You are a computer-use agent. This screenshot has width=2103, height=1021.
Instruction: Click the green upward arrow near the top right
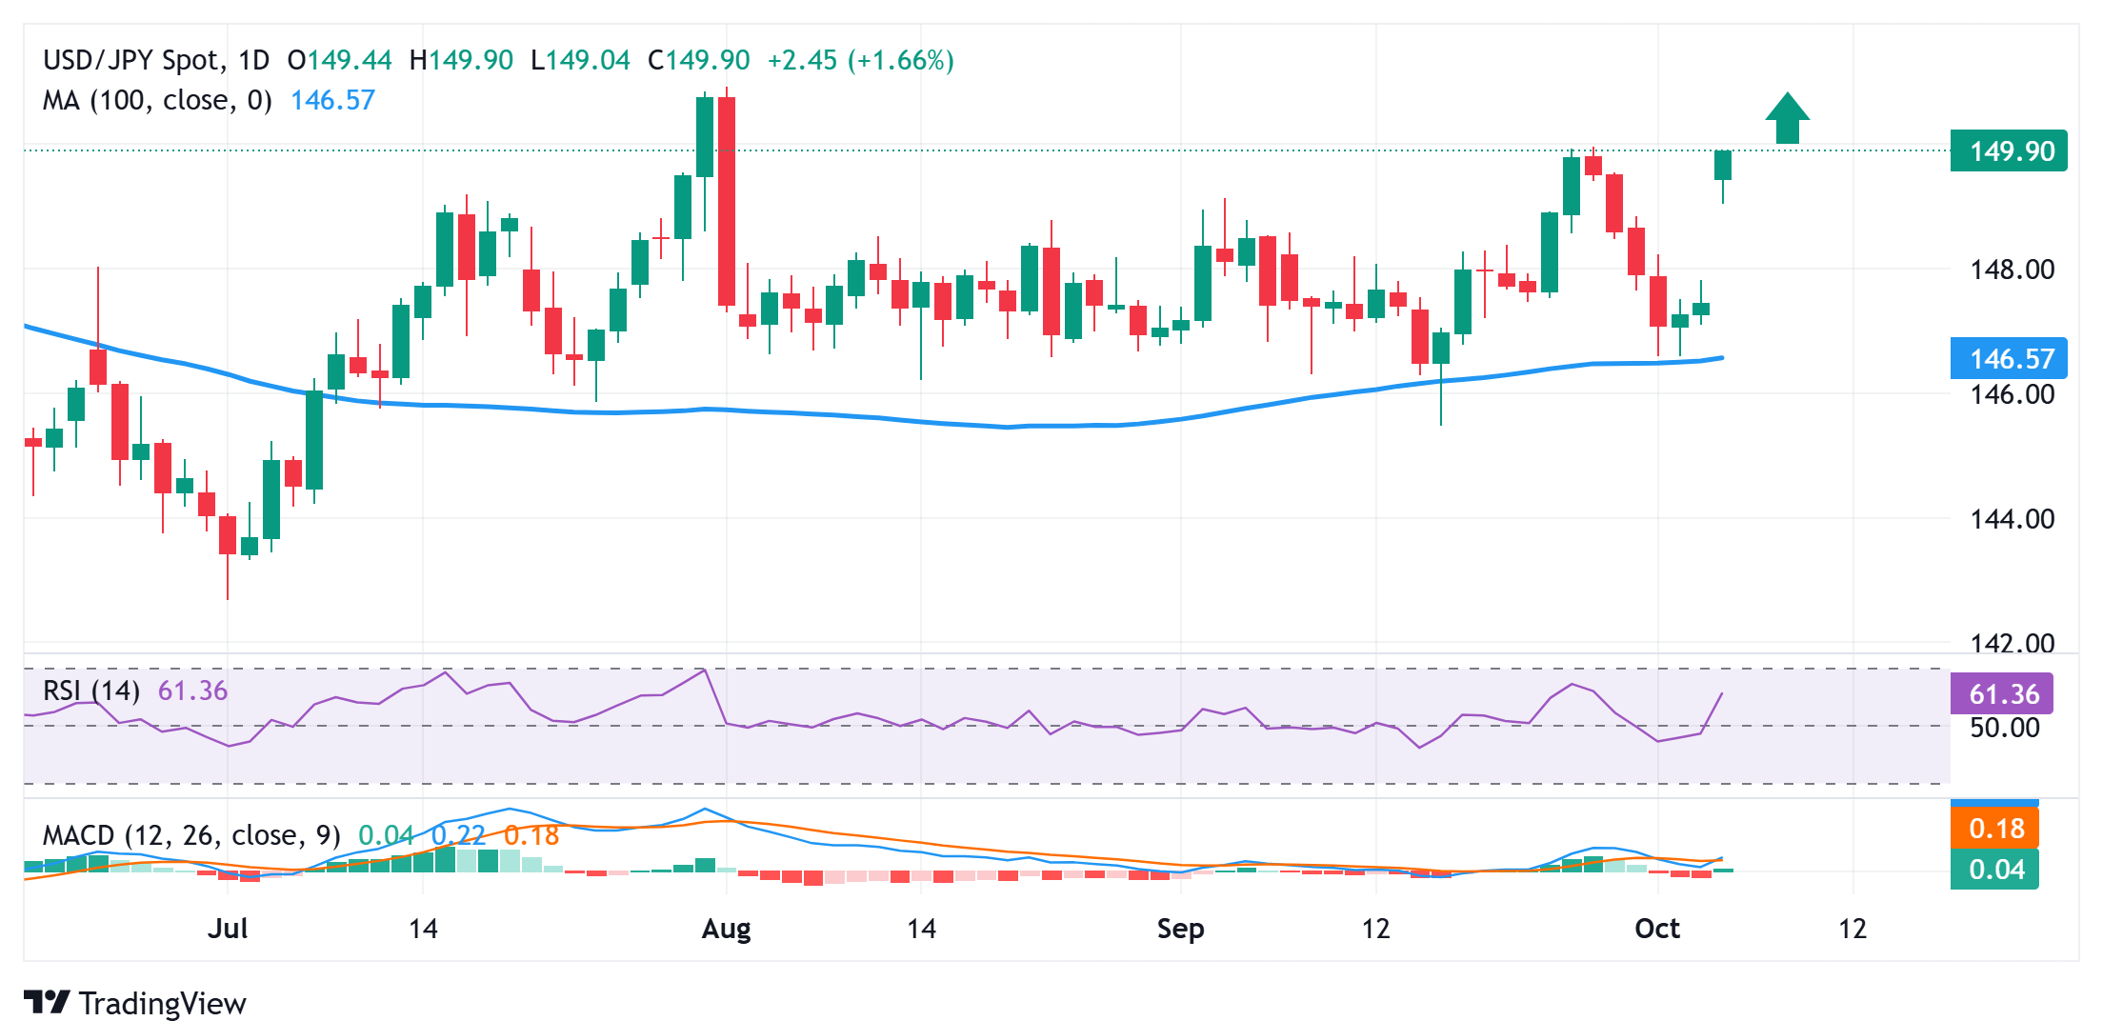(x=1787, y=119)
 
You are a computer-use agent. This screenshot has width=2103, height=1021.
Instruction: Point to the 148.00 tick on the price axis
(x=2012, y=270)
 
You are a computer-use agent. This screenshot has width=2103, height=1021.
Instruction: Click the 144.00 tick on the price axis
(x=2012, y=519)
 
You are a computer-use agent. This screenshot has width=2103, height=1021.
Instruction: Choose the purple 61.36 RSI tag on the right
(x=2001, y=694)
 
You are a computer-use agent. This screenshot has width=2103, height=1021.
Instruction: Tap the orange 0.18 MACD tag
(x=1994, y=829)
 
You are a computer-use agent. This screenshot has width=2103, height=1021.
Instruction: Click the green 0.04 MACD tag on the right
(x=1994, y=870)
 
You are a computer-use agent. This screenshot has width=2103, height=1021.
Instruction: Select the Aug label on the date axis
(x=726, y=929)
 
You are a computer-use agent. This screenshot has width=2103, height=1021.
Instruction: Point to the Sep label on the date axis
(x=1180, y=929)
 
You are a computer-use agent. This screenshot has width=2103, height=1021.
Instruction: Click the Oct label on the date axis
(x=1656, y=929)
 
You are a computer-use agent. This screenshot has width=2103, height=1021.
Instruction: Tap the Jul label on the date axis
(x=228, y=929)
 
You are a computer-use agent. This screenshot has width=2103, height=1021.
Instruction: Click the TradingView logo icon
(x=47, y=1003)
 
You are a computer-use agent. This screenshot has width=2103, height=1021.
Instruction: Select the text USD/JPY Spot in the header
(x=131, y=61)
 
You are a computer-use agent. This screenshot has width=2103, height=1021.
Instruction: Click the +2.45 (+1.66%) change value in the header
(x=860, y=61)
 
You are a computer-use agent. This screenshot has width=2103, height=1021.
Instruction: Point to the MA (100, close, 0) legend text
(x=157, y=101)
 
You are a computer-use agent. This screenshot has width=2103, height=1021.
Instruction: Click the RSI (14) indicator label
(x=91, y=691)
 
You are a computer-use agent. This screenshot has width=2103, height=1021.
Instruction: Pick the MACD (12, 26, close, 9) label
(x=191, y=835)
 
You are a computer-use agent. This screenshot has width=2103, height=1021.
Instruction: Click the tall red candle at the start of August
(x=727, y=200)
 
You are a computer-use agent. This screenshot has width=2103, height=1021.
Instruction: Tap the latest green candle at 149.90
(x=1722, y=166)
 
